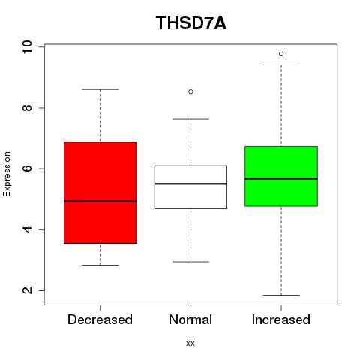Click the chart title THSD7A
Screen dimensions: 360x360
[x=191, y=23]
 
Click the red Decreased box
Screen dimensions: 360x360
[x=100, y=193]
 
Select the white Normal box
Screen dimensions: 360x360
[x=190, y=187]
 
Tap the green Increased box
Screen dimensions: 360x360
[x=281, y=176]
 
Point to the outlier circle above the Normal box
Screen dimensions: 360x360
[x=190, y=91]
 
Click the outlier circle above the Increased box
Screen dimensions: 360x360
[x=281, y=54]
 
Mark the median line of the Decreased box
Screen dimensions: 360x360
[x=100, y=201]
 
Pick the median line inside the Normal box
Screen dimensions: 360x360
[x=190, y=184]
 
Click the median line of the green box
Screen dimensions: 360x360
[x=281, y=179]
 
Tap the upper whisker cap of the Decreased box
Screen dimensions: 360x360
[x=100, y=89]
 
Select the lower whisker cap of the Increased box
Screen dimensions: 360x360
[x=281, y=295]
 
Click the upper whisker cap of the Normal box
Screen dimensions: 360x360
[x=190, y=119]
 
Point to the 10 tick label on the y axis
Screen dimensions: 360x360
[x=27, y=46]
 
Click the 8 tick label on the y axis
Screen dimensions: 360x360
[x=27, y=108]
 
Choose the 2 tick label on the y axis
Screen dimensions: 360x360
[x=27, y=290]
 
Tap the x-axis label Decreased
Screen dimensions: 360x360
[x=100, y=319]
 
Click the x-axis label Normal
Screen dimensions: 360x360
[x=190, y=319]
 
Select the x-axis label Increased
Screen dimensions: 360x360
[x=281, y=319]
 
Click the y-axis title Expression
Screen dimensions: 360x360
[x=7, y=174]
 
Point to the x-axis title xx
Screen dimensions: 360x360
[x=190, y=343]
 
